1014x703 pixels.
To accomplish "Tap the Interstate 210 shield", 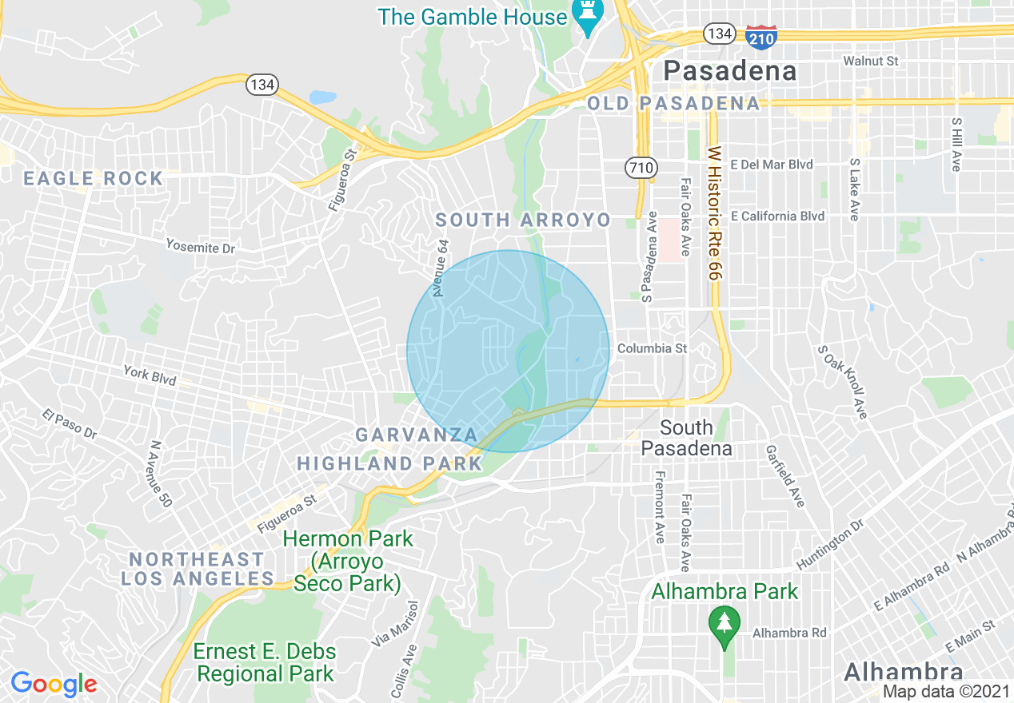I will (x=760, y=36).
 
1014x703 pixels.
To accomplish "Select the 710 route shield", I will (x=641, y=168).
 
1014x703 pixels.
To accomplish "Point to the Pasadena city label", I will (x=730, y=71).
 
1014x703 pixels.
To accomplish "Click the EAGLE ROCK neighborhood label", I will (x=94, y=178).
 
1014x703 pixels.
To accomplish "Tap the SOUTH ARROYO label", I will (x=522, y=220).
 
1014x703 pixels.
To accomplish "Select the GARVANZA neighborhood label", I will (x=416, y=435).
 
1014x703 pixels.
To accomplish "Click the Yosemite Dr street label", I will (x=200, y=247).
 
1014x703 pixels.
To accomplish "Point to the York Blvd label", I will (x=150, y=375).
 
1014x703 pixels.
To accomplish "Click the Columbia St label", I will (x=652, y=348).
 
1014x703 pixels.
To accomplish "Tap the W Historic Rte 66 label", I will (x=713, y=212).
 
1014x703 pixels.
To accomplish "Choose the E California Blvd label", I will (x=777, y=216).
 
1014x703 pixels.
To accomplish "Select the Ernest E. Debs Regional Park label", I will (x=265, y=662).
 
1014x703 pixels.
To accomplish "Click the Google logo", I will (x=54, y=684).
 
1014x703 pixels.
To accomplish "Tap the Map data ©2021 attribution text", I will (x=946, y=691).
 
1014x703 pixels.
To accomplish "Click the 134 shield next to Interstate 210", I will (x=719, y=34).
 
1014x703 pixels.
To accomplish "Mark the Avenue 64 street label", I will (x=441, y=268).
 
